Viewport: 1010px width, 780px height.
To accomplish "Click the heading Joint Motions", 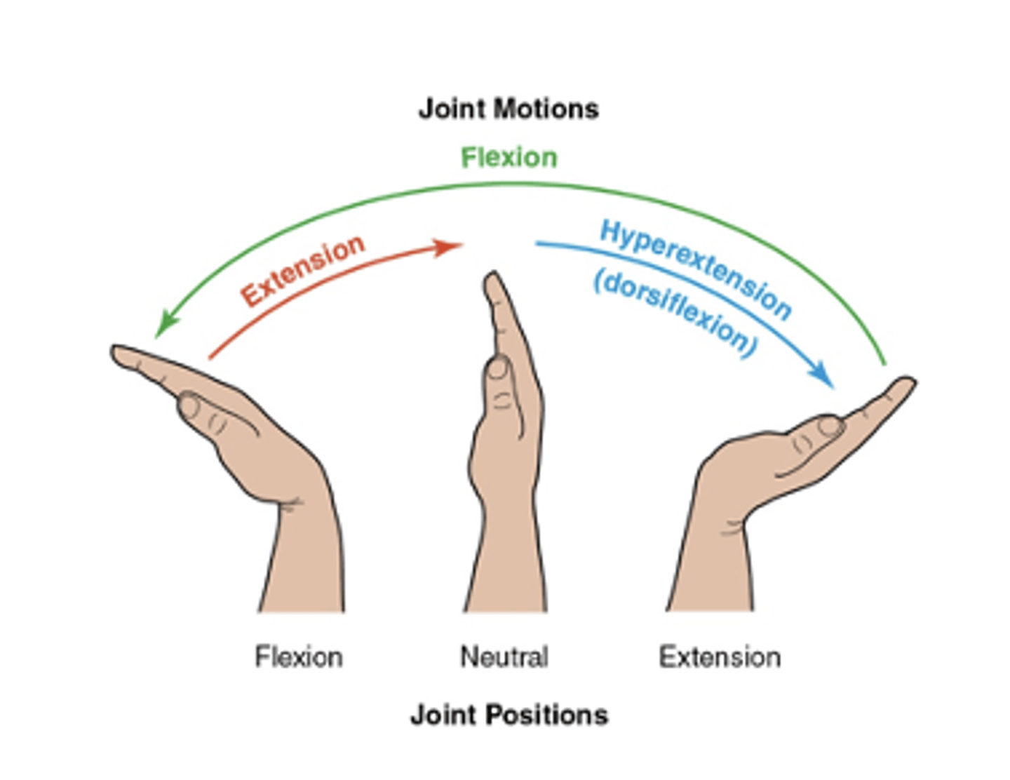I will [509, 109].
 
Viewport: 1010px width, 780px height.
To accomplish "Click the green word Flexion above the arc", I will [509, 158].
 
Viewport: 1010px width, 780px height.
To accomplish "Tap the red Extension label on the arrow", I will [303, 270].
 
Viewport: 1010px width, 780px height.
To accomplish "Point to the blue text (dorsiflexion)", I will [675, 314].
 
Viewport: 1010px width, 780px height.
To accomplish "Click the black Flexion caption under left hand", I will [299, 657].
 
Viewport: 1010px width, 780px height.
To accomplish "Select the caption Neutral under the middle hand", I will [504, 657].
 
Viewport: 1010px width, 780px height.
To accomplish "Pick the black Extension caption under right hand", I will [720, 657].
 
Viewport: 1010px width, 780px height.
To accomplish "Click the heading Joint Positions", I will [509, 715].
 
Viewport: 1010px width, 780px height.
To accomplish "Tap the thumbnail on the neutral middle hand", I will [499, 368].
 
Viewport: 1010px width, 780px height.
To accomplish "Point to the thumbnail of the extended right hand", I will [830, 426].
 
